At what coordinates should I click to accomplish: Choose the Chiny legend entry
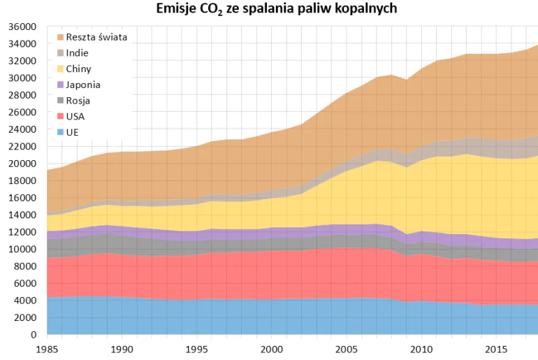pyautogui.click(x=78, y=69)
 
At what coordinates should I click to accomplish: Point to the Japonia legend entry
pyautogui.click(x=82, y=85)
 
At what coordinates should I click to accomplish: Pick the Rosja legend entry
pyautogui.click(x=78, y=101)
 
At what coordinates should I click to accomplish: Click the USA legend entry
pyautogui.click(x=75, y=116)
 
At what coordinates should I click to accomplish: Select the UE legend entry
pyautogui.click(x=72, y=132)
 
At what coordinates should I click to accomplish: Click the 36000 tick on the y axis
pyautogui.click(x=21, y=27)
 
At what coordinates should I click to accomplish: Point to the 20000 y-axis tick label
pyautogui.click(x=21, y=164)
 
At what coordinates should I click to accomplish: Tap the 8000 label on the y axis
pyautogui.click(x=24, y=266)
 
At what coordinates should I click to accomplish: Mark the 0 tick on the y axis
pyautogui.click(x=32, y=335)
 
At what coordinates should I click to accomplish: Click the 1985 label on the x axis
pyautogui.click(x=47, y=348)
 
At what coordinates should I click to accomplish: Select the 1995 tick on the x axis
pyautogui.click(x=197, y=348)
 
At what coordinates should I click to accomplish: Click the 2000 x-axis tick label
pyautogui.click(x=272, y=348)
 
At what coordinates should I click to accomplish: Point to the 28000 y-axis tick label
pyautogui.click(x=21, y=95)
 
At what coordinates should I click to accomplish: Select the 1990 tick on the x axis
pyautogui.click(x=122, y=348)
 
